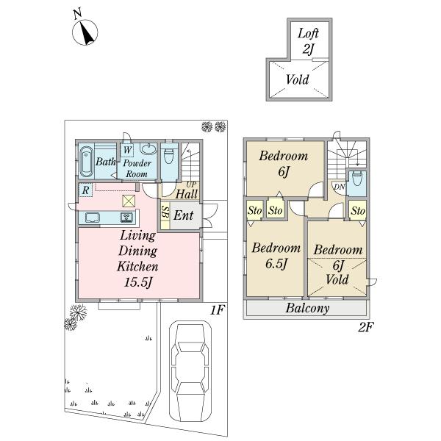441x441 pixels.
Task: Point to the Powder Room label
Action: tap(137, 168)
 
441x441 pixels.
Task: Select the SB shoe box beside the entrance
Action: tap(165, 215)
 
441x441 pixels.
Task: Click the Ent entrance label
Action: tap(183, 216)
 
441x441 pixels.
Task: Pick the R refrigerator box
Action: tap(86, 190)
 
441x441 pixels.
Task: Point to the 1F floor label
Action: tap(216, 311)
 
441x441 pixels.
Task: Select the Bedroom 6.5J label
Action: tap(276, 255)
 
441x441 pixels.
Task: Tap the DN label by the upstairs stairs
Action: tap(338, 187)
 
